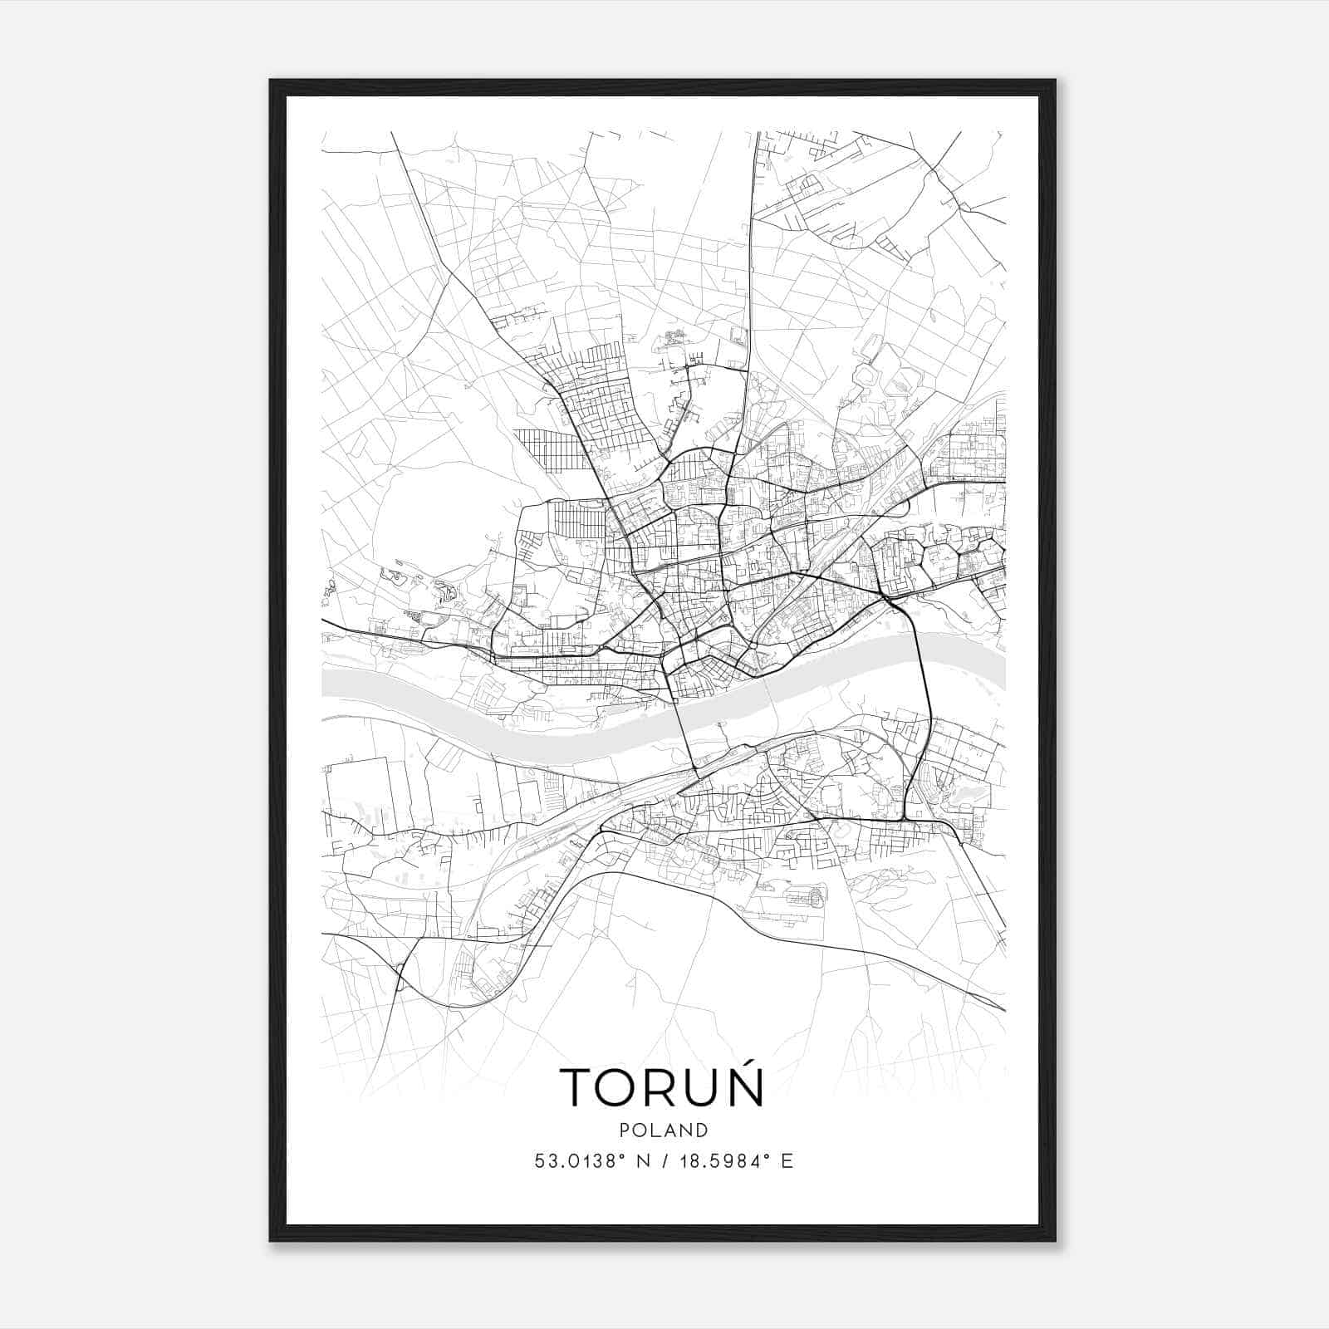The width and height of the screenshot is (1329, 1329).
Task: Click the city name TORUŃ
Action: [x=662, y=1086]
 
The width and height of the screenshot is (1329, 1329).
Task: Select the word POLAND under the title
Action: [x=664, y=1130]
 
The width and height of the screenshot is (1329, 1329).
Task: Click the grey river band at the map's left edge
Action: [x=332, y=683]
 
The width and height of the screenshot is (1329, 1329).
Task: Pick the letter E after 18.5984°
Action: [x=787, y=1161]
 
